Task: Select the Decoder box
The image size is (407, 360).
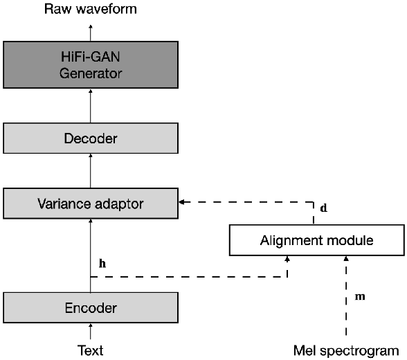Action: pyautogui.click(x=91, y=138)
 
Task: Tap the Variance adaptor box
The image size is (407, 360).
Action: pyautogui.click(x=91, y=204)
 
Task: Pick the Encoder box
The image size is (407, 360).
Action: pyautogui.click(x=91, y=307)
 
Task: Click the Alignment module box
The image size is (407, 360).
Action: pyautogui.click(x=316, y=240)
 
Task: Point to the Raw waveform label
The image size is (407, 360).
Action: pyautogui.click(x=91, y=9)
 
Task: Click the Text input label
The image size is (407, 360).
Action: pyautogui.click(x=91, y=350)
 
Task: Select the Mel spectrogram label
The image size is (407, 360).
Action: pyautogui.click(x=346, y=350)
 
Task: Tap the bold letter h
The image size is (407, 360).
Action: pyautogui.click(x=103, y=263)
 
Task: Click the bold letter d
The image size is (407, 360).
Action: pyautogui.click(x=324, y=208)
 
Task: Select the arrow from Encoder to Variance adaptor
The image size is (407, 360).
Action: pyautogui.click(x=91, y=249)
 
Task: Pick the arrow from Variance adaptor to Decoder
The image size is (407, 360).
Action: pyautogui.click(x=91, y=171)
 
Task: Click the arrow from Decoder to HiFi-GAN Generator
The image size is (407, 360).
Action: pyautogui.click(x=91, y=107)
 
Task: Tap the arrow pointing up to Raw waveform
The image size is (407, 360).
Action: pyautogui.click(x=91, y=30)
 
